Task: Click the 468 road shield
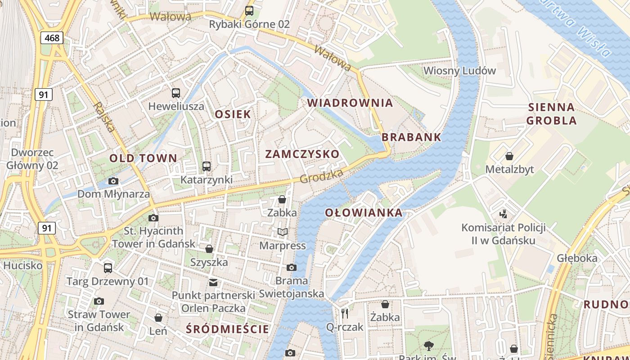(x=52, y=38)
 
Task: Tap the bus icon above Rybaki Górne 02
(x=249, y=10)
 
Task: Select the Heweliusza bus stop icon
(x=176, y=93)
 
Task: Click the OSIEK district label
(x=233, y=114)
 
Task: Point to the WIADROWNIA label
(x=350, y=103)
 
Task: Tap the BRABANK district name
(x=411, y=137)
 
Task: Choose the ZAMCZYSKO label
(x=302, y=154)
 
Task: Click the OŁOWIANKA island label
(x=363, y=212)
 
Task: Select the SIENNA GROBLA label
(x=551, y=114)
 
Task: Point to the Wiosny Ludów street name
(x=459, y=71)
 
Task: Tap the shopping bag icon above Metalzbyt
(x=509, y=156)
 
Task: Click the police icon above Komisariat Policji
(x=504, y=213)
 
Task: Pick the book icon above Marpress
(x=282, y=232)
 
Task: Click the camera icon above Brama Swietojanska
(x=291, y=267)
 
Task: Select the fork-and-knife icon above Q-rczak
(x=345, y=313)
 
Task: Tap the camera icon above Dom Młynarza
(x=113, y=181)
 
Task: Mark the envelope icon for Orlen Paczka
(x=213, y=283)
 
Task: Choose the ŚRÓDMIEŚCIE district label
(x=227, y=329)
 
